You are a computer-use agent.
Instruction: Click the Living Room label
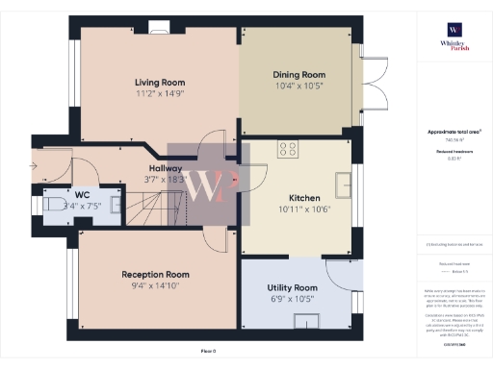click(159, 82)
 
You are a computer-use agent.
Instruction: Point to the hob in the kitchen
click(287, 149)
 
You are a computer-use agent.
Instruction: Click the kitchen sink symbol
click(344, 182)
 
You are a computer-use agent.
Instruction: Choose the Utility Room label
click(292, 287)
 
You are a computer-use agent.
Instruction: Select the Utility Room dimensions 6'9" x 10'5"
click(292, 300)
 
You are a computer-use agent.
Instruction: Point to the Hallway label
click(165, 167)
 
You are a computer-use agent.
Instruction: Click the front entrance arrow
click(34, 165)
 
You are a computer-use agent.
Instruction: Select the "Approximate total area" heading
click(453, 132)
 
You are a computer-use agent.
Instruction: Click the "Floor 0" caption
click(209, 352)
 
